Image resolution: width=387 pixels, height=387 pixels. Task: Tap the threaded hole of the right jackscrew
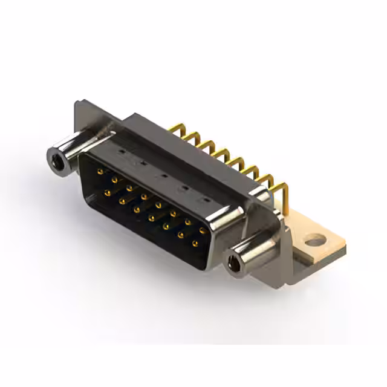[234, 263]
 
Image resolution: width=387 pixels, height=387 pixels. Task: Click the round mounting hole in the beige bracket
[314, 241]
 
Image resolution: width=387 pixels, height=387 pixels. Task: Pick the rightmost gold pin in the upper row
[202, 230]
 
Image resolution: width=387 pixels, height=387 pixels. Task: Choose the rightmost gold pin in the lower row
[195, 244]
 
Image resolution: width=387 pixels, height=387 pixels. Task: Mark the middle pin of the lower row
[151, 218]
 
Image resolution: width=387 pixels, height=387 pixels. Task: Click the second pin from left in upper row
[114, 180]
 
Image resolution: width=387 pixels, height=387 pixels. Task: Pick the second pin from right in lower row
[180, 235]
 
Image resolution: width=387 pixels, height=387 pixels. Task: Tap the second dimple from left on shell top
[143, 162]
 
